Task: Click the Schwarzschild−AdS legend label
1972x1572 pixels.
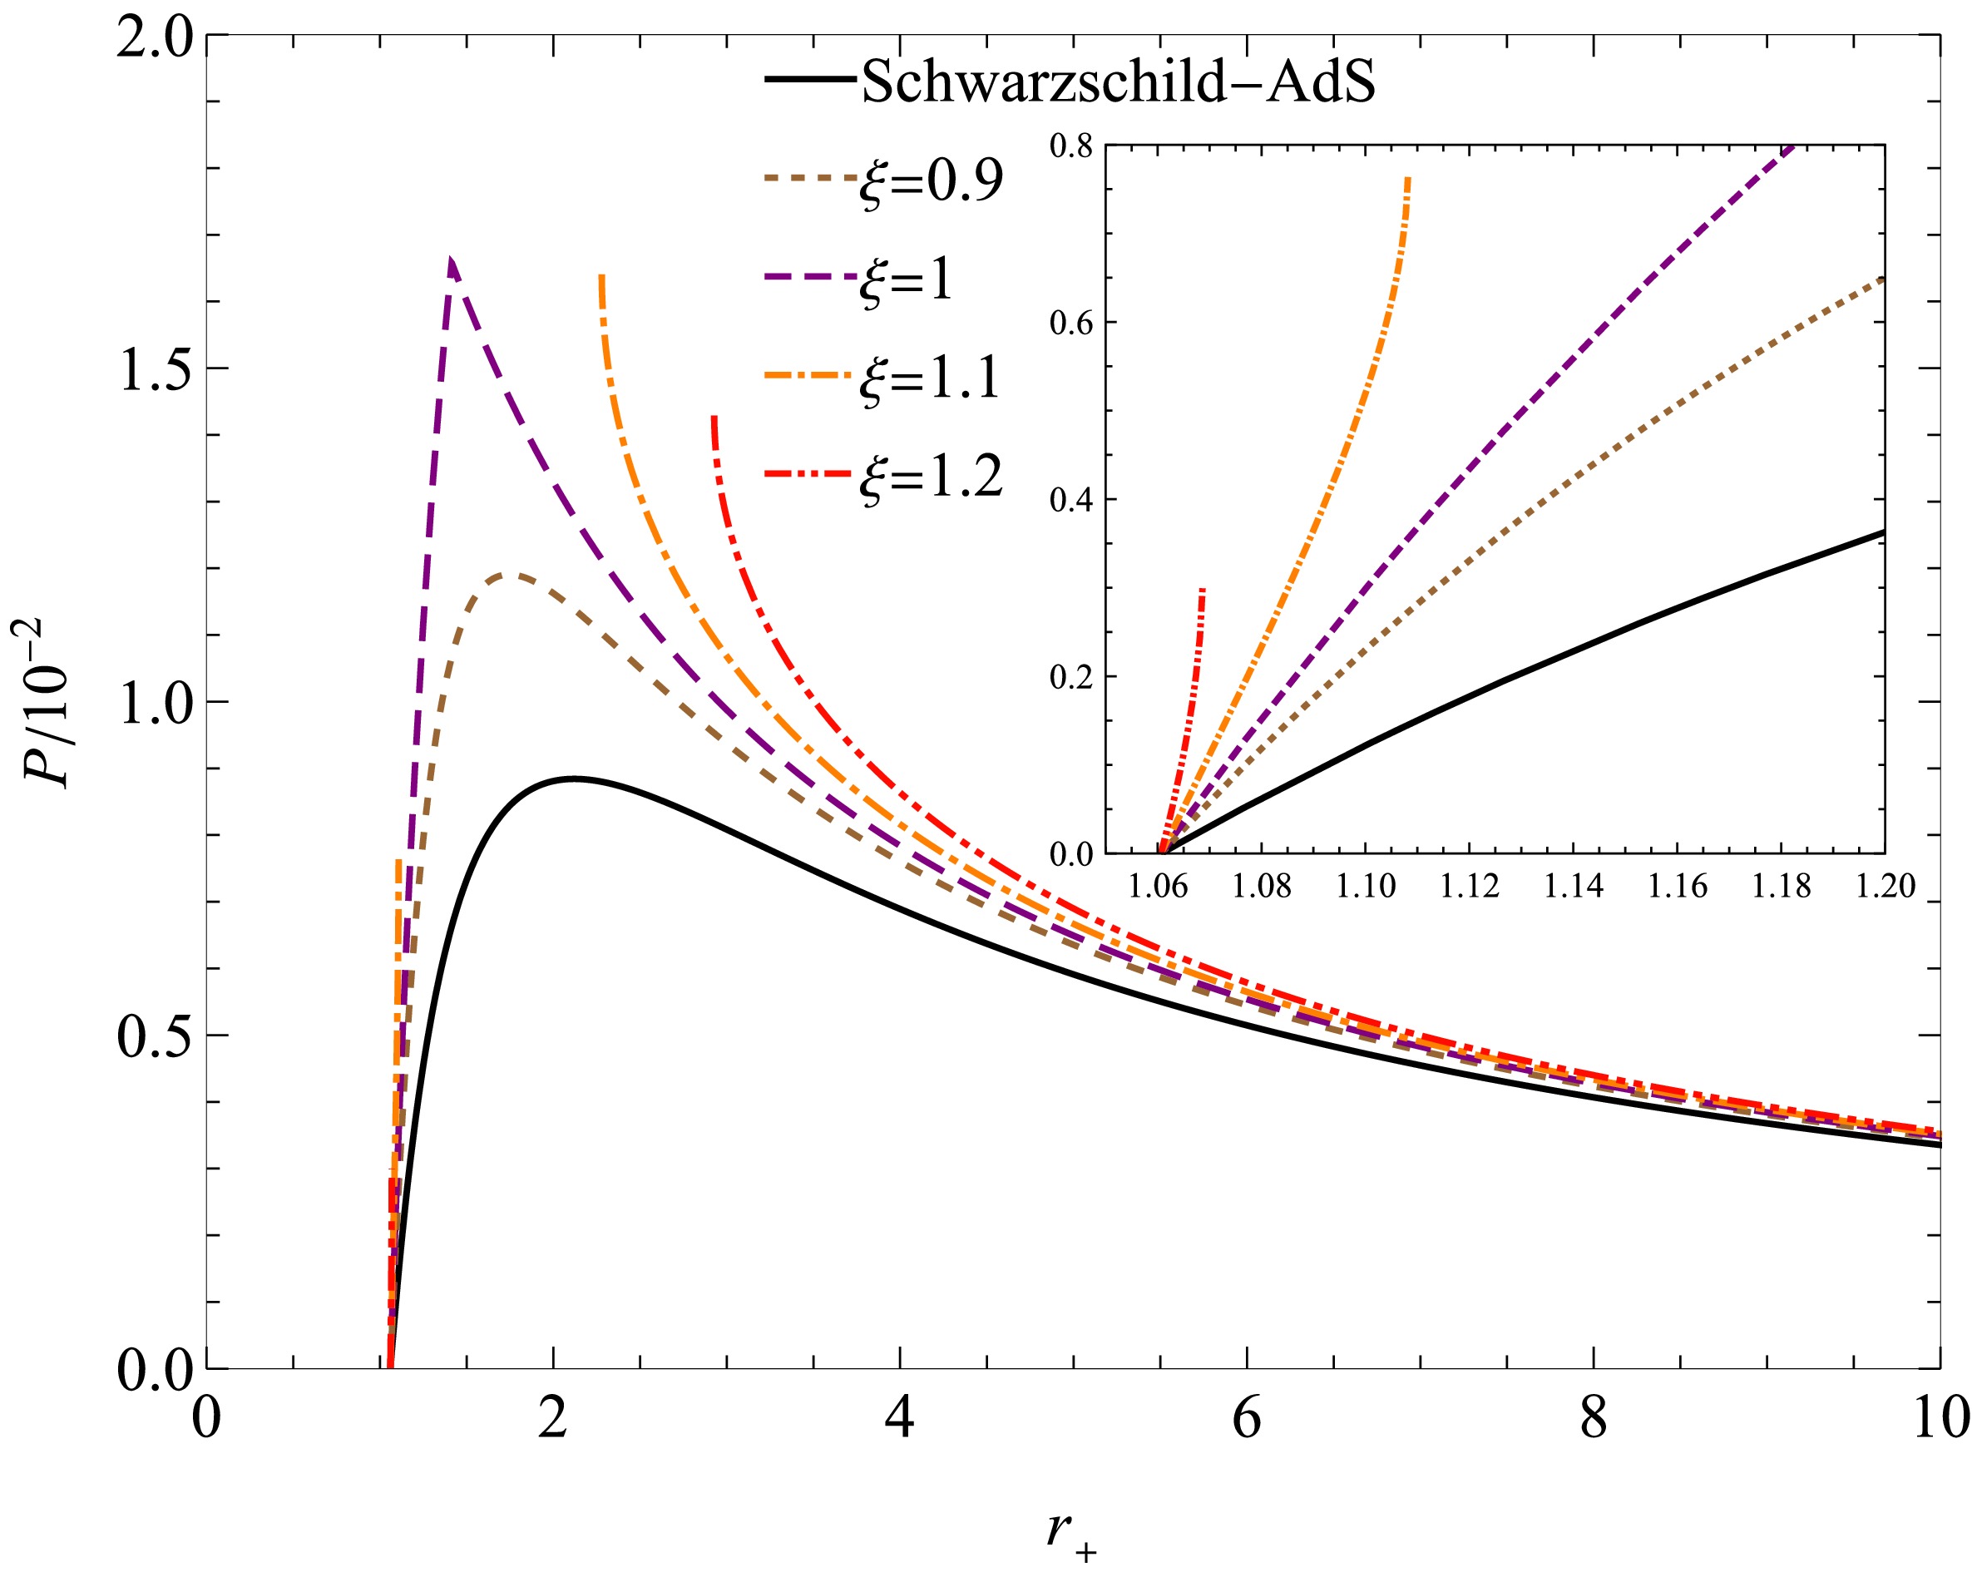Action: (1118, 82)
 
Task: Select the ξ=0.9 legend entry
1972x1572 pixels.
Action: (932, 180)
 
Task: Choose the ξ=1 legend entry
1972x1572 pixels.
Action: (906, 279)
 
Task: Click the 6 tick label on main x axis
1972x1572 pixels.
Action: (1247, 1418)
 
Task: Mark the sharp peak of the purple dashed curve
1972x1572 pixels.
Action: (451, 260)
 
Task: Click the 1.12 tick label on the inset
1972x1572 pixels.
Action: (1469, 885)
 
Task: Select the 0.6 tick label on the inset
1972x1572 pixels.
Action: (1071, 323)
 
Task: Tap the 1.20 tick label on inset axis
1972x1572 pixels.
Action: (1886, 885)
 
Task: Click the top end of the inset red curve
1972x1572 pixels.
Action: (1202, 590)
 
